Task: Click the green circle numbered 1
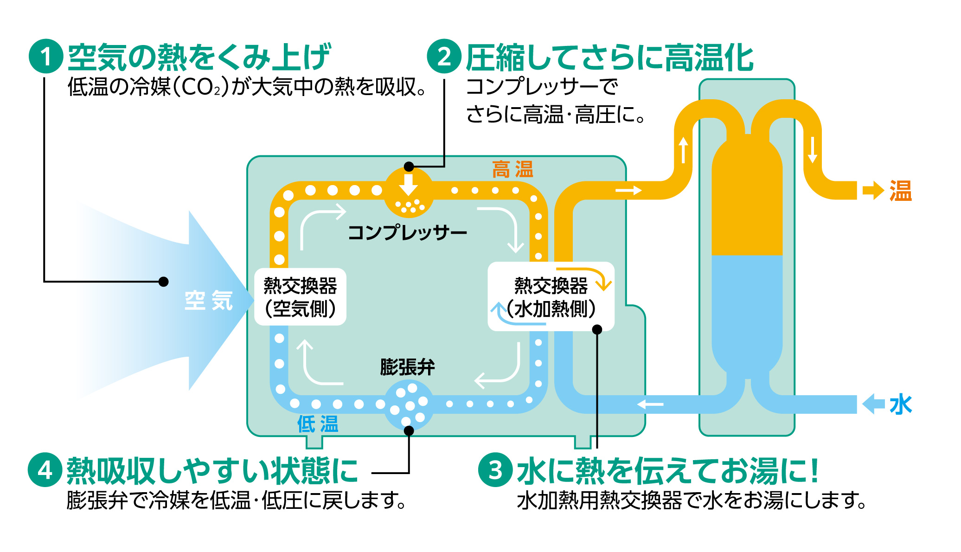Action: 46,56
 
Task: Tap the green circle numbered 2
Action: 444,56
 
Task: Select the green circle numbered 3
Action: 495,469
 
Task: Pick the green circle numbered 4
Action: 45,469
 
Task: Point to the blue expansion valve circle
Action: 409,404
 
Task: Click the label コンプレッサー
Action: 407,232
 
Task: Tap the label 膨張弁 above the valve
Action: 407,367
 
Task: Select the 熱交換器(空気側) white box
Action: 300,297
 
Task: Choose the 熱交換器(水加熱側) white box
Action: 551,297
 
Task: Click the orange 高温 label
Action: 513,170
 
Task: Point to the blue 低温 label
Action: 318,424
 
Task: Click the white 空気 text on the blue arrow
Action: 209,301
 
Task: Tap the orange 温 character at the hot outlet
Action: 900,191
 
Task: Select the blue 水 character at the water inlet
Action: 900,404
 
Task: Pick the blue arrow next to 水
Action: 873,404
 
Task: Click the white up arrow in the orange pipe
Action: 683,149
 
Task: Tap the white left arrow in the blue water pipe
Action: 650,404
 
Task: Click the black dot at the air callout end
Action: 163,282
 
